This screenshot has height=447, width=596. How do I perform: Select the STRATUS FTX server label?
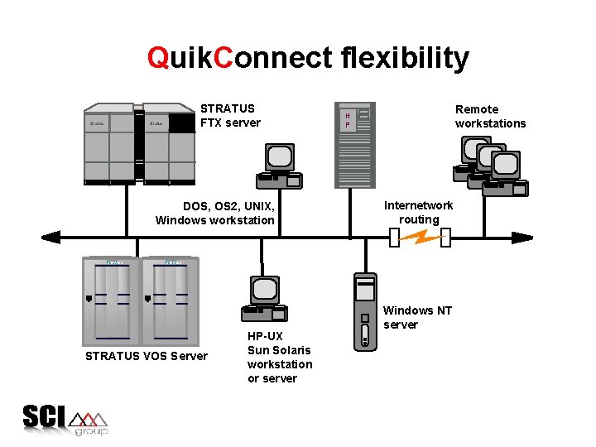click(230, 116)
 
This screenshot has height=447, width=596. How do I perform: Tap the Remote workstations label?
click(490, 116)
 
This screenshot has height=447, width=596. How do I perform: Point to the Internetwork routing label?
click(419, 212)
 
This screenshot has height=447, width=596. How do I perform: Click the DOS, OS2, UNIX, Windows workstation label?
click(215, 213)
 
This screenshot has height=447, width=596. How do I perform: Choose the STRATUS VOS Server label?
click(147, 356)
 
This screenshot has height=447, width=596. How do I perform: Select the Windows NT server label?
click(417, 317)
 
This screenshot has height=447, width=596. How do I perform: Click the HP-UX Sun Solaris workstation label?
click(280, 357)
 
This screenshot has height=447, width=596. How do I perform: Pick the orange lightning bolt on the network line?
click(420, 238)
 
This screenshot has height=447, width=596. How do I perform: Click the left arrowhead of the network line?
click(51, 238)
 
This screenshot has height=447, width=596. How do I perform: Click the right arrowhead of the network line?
click(522, 238)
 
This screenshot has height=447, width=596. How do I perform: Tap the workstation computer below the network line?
click(264, 299)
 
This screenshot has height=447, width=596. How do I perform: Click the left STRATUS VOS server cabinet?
click(110, 301)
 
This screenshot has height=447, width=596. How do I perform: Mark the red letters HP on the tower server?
click(348, 120)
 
